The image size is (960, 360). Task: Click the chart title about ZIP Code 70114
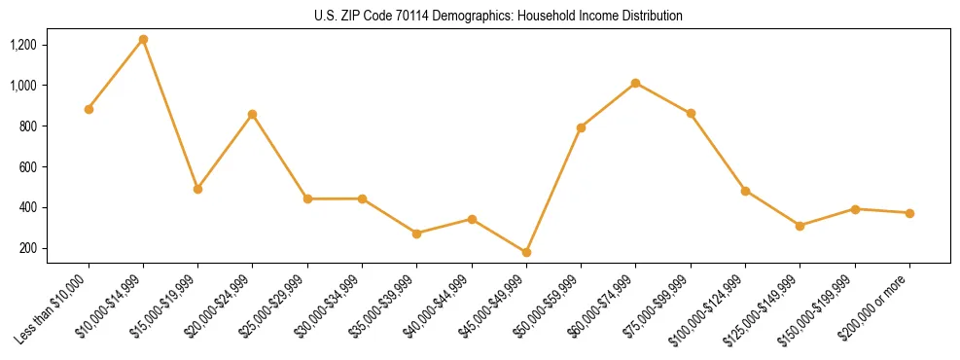pyautogui.click(x=499, y=17)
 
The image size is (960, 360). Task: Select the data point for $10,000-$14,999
pyautogui.click(x=143, y=40)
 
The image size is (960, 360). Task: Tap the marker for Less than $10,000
pyautogui.click(x=89, y=109)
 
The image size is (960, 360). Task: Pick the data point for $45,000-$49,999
pyautogui.click(x=526, y=252)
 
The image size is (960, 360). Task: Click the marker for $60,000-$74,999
pyautogui.click(x=635, y=83)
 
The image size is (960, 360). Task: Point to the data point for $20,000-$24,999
pyautogui.click(x=253, y=114)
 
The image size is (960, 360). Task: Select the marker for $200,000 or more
pyautogui.click(x=909, y=213)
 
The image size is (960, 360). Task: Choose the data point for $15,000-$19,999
pyautogui.click(x=197, y=189)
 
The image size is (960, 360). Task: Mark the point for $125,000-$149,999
pyautogui.click(x=800, y=226)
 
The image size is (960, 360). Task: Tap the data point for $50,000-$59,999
pyautogui.click(x=581, y=127)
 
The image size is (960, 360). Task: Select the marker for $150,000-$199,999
pyautogui.click(x=855, y=209)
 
